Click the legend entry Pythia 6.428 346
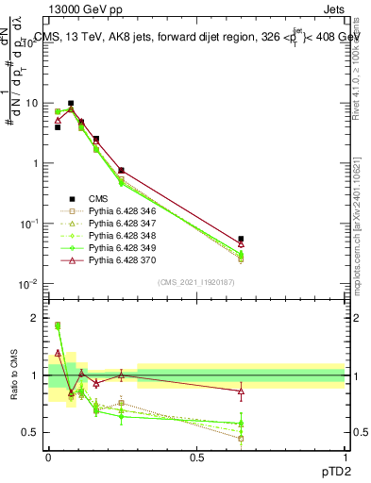pos(119,211)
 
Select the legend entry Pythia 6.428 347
pos(119,224)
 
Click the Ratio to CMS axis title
pos(13,375)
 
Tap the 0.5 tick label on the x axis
pos(196,458)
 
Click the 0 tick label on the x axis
pos(49,458)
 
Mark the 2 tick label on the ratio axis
pos(34,318)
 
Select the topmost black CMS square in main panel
pos(71,103)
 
